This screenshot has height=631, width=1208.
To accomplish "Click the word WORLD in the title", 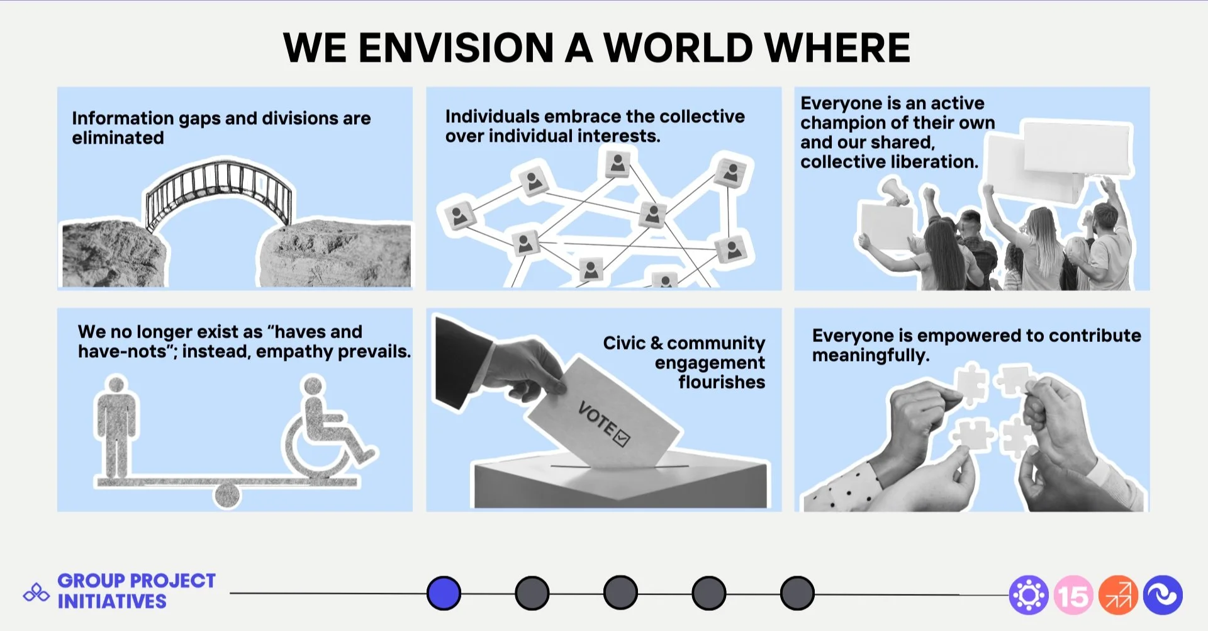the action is [x=678, y=48].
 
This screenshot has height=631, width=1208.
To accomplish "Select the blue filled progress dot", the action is [x=444, y=593].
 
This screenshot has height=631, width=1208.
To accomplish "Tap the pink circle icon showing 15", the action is [x=1073, y=595].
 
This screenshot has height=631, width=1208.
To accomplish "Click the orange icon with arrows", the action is [x=1118, y=595].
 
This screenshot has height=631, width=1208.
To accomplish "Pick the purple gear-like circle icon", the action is [x=1028, y=595].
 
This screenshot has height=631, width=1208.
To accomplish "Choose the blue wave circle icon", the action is [x=1163, y=595].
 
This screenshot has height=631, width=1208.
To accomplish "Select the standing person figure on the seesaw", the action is [x=116, y=425].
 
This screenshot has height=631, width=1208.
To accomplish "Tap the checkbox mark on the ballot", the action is [x=622, y=437].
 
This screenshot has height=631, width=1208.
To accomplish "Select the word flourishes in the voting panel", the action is [x=722, y=382].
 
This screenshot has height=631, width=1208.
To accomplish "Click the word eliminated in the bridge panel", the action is [x=118, y=138].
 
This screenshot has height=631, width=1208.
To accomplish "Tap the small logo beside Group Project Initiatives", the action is [x=36, y=593].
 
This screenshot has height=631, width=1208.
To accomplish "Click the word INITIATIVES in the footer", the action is [x=112, y=601].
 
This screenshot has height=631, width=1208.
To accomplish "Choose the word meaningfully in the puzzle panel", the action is [x=870, y=356].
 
